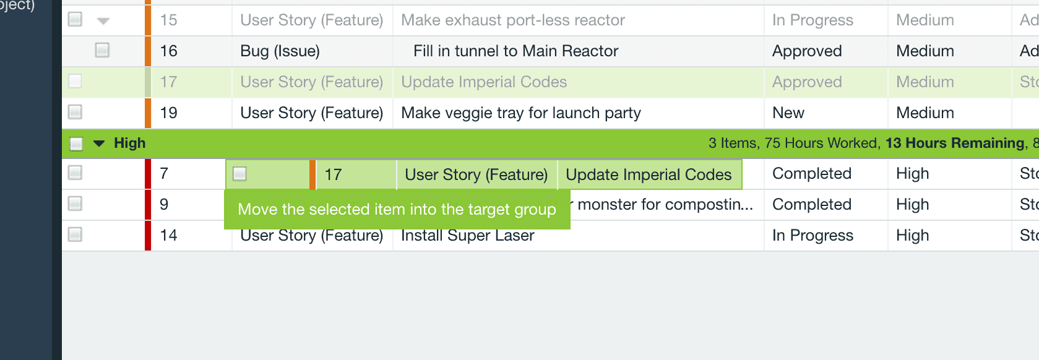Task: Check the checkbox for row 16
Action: (x=102, y=50)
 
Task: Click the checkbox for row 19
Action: (x=75, y=112)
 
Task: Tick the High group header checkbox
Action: (x=76, y=144)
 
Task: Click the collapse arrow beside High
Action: (x=99, y=144)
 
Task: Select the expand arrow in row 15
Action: (x=103, y=20)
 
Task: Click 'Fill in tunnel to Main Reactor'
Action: (x=515, y=51)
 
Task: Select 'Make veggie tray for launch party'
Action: (x=520, y=113)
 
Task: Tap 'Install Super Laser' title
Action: (x=467, y=236)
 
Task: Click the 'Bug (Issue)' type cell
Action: (x=280, y=51)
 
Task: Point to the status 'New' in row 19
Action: (x=788, y=113)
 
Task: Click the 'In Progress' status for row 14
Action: (x=813, y=236)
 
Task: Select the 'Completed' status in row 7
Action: (x=811, y=174)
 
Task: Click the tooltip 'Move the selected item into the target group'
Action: (x=397, y=209)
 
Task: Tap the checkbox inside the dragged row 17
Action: (x=239, y=174)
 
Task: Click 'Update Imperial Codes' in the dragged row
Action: (x=648, y=174)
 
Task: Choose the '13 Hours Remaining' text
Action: (x=955, y=144)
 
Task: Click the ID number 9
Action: (x=164, y=205)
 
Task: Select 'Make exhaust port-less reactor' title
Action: (x=512, y=20)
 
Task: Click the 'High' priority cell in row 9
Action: (x=912, y=205)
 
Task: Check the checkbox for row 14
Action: (x=75, y=235)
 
